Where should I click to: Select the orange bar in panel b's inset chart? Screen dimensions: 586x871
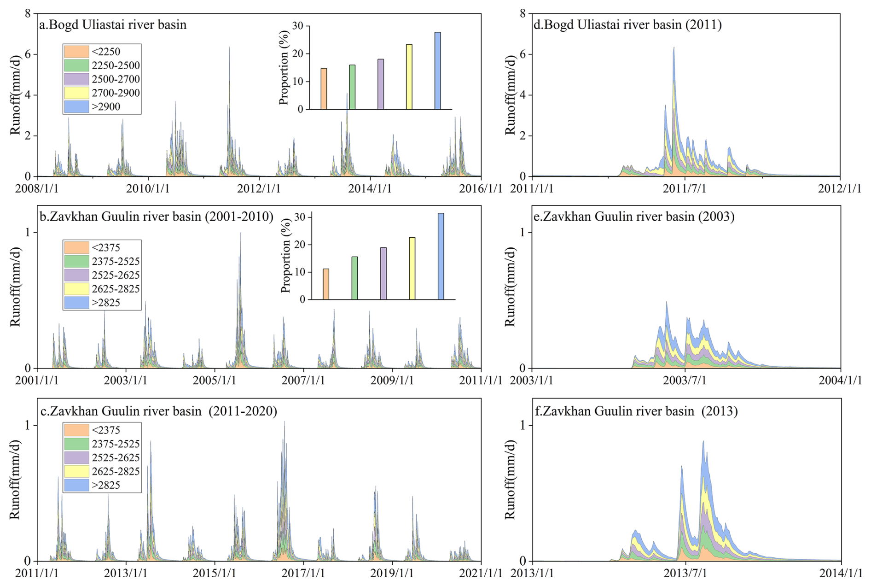click(326, 284)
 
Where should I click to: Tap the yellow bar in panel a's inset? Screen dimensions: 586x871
click(409, 76)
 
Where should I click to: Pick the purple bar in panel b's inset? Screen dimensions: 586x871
click(383, 273)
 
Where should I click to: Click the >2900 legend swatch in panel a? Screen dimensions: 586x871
click(76, 106)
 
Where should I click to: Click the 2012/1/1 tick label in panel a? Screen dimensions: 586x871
click(259, 189)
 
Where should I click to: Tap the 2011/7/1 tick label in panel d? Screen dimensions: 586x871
click(685, 189)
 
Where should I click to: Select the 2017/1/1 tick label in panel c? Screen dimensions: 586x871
click(303, 574)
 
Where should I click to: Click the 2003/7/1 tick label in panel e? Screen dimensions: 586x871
click(685, 381)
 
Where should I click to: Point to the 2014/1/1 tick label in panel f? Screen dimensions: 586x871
click(841, 574)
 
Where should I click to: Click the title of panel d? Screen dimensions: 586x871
click(627, 24)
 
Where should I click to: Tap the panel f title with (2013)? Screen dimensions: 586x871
click(636, 410)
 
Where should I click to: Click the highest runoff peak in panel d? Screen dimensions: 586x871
click(674, 48)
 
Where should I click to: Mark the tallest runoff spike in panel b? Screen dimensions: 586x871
click(240, 234)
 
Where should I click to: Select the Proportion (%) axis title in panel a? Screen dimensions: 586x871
click(284, 68)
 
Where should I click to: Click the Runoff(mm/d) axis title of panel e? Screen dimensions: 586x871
click(510, 287)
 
